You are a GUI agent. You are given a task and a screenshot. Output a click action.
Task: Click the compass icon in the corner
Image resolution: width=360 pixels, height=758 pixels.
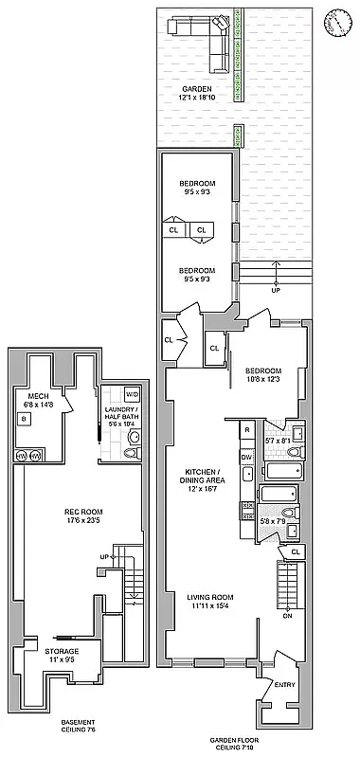point(335,21)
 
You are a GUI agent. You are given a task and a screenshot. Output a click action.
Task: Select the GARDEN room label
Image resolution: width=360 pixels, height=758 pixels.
point(198,88)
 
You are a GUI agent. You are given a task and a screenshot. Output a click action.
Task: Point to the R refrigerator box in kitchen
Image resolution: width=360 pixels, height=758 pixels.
point(246,430)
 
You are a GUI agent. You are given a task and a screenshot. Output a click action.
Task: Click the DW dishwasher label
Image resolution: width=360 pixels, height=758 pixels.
point(246,457)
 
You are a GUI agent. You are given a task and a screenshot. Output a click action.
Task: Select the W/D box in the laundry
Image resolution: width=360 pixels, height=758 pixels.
point(133,394)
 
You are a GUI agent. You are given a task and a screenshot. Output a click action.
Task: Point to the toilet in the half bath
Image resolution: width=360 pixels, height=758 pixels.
point(134,439)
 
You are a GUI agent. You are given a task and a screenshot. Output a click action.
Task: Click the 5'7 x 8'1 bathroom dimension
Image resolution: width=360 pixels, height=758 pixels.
point(279,441)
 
